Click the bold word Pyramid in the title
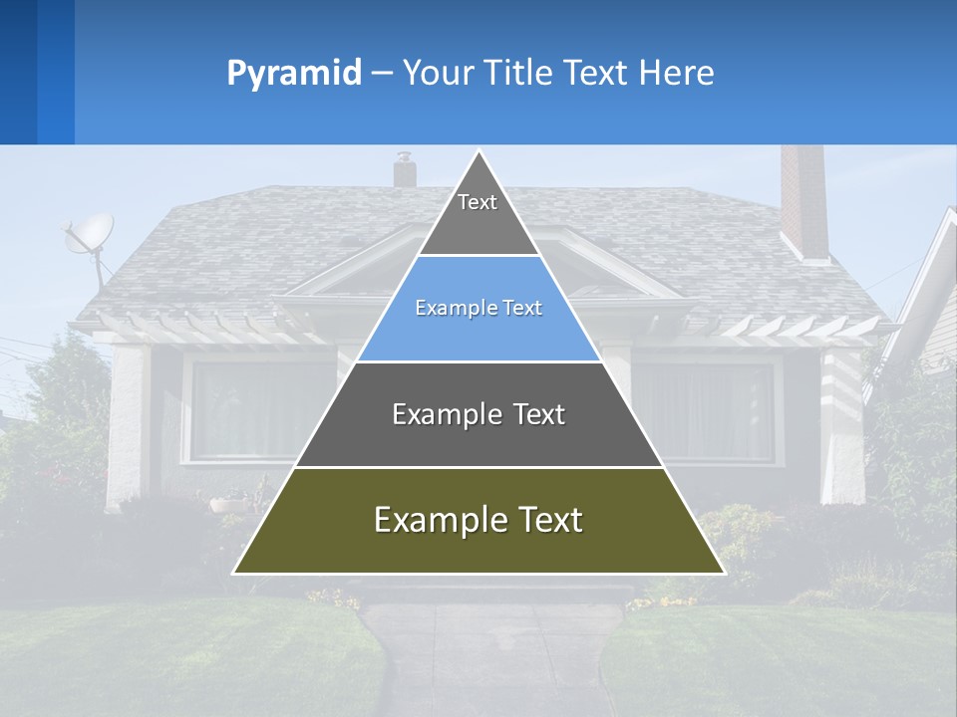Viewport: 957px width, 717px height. point(294,73)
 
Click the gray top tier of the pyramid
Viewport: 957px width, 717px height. point(478,214)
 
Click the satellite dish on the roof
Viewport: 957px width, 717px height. point(89,235)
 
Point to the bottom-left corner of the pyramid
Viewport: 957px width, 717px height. point(234,573)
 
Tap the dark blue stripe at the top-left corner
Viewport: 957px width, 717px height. point(18,72)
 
